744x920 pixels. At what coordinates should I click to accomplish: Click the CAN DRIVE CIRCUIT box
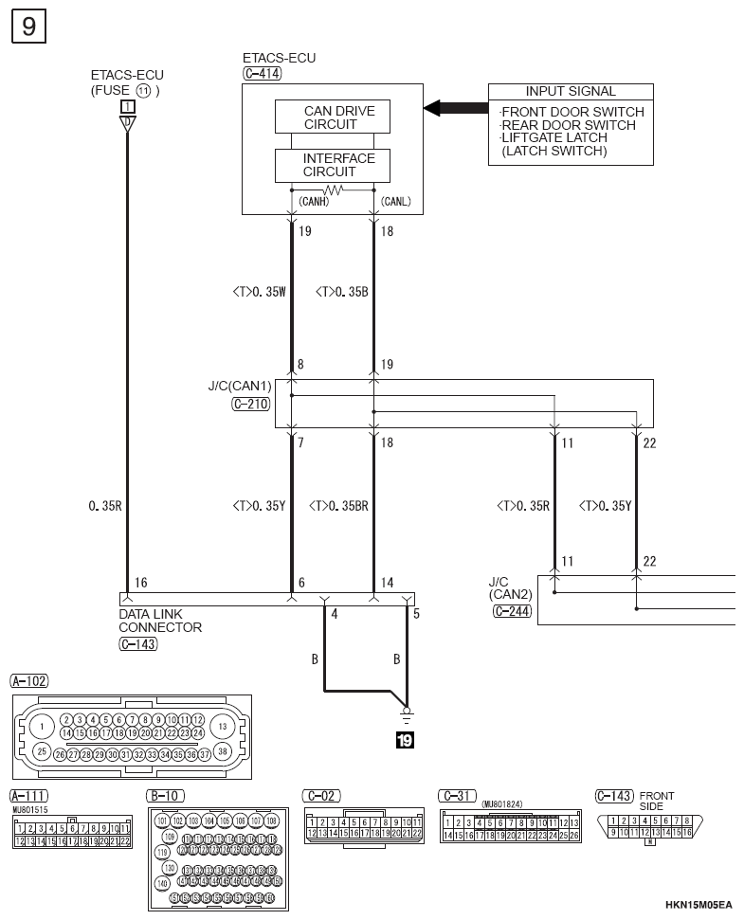point(338,117)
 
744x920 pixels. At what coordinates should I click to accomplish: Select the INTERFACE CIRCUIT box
point(338,165)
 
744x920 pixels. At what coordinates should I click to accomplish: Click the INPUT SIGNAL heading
point(571,92)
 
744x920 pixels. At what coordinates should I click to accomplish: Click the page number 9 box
point(28,27)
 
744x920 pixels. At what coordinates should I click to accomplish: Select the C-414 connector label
point(262,73)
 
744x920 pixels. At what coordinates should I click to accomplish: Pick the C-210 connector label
point(251,403)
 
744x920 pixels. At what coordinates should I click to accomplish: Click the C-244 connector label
point(513,612)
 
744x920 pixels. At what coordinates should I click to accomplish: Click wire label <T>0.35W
point(259,293)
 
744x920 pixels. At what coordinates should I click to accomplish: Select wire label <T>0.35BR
point(338,506)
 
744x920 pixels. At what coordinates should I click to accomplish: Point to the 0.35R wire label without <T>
point(104,506)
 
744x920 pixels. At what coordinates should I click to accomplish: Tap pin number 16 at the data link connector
point(140,585)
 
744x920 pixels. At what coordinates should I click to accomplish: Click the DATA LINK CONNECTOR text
point(160,621)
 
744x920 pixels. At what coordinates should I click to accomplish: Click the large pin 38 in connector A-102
point(223,751)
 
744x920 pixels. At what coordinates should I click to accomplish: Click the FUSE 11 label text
point(125,91)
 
